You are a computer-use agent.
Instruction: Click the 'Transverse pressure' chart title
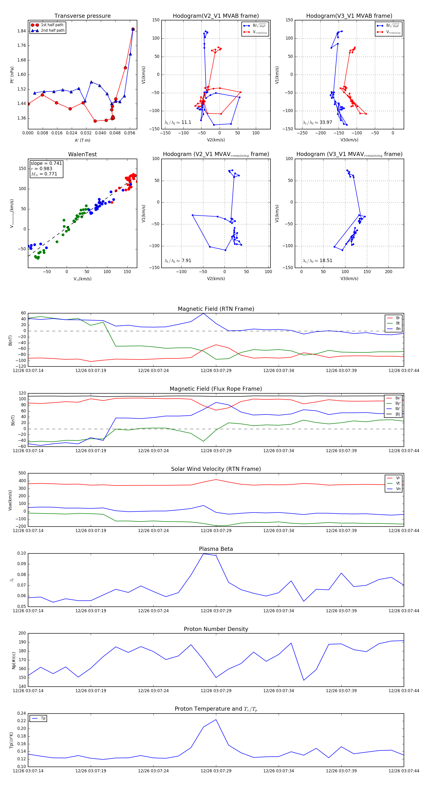point(82,16)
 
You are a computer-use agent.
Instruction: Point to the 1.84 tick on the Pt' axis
point(22,31)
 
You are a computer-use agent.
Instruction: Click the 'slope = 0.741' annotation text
point(46,163)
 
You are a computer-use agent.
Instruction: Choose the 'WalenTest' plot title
point(82,154)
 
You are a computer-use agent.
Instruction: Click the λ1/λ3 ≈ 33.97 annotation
point(317,122)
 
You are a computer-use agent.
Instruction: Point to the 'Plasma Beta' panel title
point(216,549)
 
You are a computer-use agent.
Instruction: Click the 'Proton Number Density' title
point(216,629)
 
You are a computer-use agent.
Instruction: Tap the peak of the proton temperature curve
point(216,720)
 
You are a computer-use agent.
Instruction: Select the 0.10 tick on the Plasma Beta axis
point(22,553)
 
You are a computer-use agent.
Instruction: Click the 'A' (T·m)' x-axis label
point(82,140)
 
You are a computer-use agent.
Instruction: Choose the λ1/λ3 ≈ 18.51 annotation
point(317,261)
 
